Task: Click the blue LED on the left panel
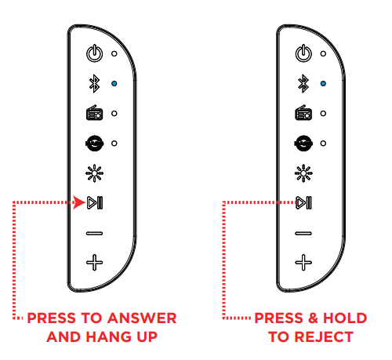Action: tap(114, 83)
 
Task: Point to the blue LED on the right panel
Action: tap(324, 83)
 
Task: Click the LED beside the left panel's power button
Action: tap(114, 54)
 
